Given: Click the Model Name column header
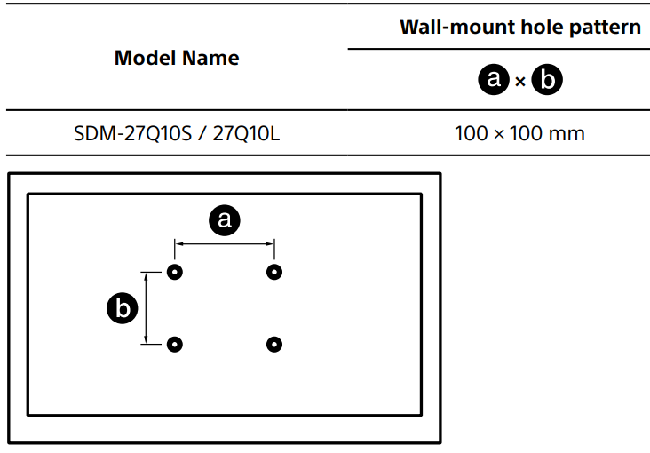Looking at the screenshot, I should pos(177,59).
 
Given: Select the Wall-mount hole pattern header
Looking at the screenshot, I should pos(519,27).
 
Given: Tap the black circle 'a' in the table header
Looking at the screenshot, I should pos(494,81).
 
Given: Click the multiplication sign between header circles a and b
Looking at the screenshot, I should pos(521,82).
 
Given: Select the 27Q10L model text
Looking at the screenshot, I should pos(247,134).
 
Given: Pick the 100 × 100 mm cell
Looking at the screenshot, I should pos(519,134).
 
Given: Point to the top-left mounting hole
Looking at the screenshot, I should pos(175,272).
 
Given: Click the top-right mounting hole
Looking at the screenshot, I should pos(274,272).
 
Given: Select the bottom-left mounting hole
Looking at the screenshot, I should pos(175,344).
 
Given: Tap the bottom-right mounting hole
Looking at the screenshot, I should pos(274,344).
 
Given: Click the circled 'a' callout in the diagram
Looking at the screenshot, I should pos(224,219).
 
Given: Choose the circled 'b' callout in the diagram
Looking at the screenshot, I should pos(122,308).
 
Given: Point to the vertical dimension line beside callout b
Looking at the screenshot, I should pos(147,307).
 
